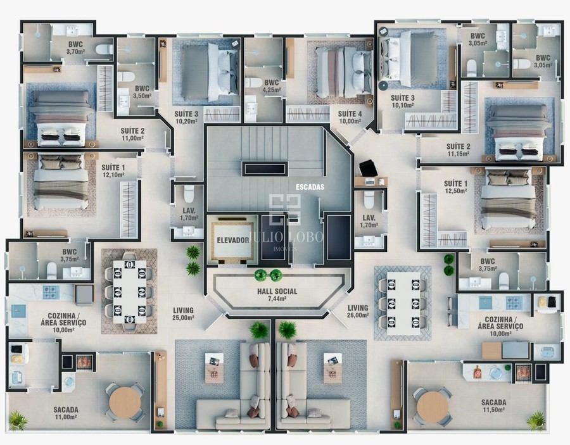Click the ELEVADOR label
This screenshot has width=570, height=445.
tap(233, 240)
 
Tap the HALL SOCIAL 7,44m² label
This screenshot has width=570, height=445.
tap(277, 295)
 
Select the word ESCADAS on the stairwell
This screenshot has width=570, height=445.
tap(310, 187)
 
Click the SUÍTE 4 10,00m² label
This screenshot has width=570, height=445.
tap(350, 117)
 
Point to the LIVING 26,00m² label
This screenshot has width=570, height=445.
tap(358, 311)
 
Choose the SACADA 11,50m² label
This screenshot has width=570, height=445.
tap(493, 406)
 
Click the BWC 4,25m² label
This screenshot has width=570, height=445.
tap(272, 86)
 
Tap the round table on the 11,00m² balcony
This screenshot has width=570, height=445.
tap(125, 402)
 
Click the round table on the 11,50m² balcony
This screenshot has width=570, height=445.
tap(433, 407)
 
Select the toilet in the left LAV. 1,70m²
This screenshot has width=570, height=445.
tap(189, 193)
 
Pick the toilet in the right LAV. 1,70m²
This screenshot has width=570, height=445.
tap(369, 200)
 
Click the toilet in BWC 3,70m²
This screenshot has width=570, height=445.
tap(104, 49)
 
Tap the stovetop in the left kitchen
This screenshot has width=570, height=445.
tap(51, 292)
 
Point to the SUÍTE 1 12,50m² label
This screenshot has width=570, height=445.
tap(455, 187)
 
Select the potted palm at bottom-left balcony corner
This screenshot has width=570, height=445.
tap(18, 420)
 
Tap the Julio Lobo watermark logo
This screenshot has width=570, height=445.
tap(285, 222)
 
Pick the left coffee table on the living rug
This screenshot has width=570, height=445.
tap(215, 368)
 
